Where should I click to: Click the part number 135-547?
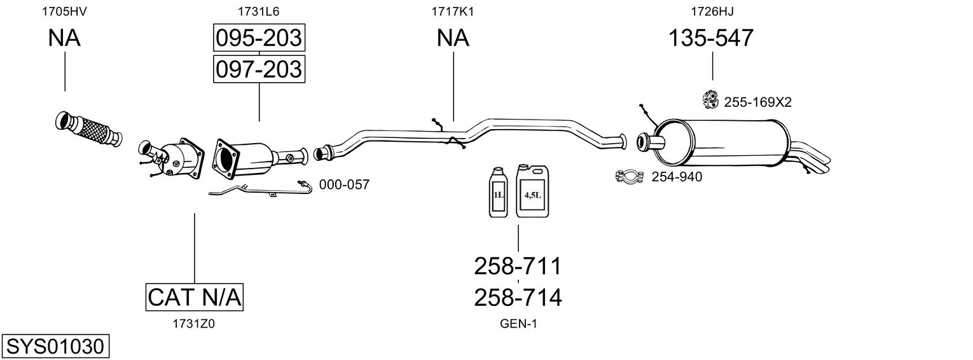click(710, 38)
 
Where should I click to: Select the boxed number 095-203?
click(258, 38)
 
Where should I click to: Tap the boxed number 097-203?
click(258, 69)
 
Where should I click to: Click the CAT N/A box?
click(195, 297)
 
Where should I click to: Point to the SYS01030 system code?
click(54, 347)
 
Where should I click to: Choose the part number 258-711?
click(518, 266)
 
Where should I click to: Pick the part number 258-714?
click(518, 297)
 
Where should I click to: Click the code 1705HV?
click(64, 11)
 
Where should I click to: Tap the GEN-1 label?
click(518, 324)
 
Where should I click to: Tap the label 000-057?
click(344, 184)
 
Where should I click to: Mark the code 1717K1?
click(453, 11)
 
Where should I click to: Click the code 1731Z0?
click(193, 324)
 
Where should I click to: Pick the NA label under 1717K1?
click(453, 38)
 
